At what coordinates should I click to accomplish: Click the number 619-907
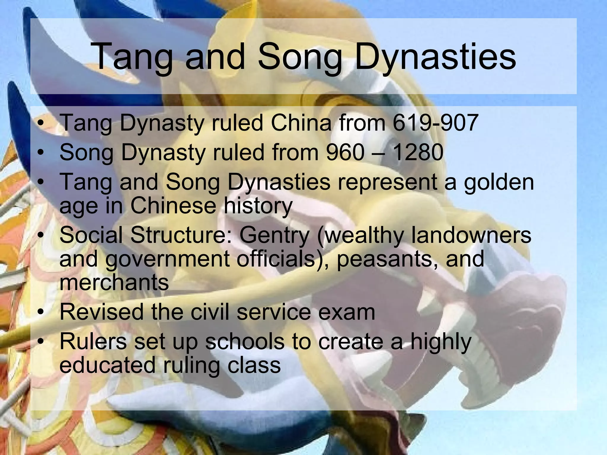tap(435, 123)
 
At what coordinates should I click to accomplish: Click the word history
tap(258, 206)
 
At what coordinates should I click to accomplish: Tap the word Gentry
tap(274, 235)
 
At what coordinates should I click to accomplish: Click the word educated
tap(107, 365)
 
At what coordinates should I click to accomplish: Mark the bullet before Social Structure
tap(41, 236)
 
